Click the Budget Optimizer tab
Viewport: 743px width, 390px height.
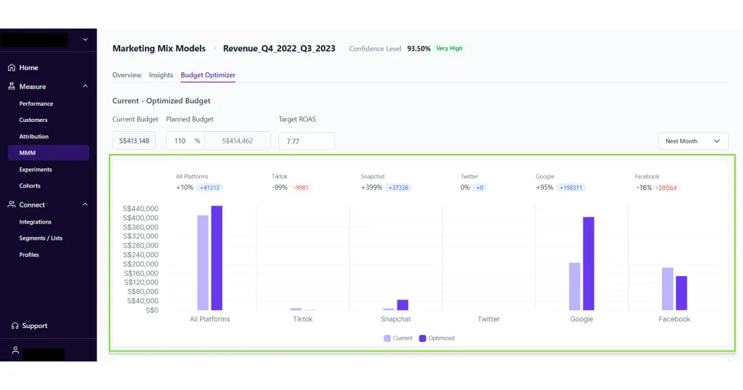click(x=208, y=75)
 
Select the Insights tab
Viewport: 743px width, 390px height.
click(x=161, y=75)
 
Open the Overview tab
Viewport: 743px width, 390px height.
click(x=127, y=75)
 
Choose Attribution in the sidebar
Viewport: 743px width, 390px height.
click(x=33, y=136)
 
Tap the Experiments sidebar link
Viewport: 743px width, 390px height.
click(x=35, y=169)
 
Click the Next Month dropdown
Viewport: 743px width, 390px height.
click(x=693, y=141)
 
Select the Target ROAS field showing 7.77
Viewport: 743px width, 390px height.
click(x=306, y=141)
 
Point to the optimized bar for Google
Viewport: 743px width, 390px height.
click(x=588, y=263)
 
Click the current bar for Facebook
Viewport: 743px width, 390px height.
click(x=667, y=288)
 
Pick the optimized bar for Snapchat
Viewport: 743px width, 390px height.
click(x=402, y=305)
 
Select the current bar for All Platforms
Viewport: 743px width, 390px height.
click(x=202, y=262)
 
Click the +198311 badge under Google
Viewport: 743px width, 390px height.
click(x=571, y=188)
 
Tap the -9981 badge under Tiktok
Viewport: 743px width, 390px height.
click(x=302, y=188)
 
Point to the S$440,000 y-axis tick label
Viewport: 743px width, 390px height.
click(x=142, y=209)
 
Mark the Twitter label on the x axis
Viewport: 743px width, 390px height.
click(x=489, y=319)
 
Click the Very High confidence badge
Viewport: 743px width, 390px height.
click(x=449, y=48)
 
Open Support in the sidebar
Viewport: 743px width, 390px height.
click(x=34, y=326)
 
